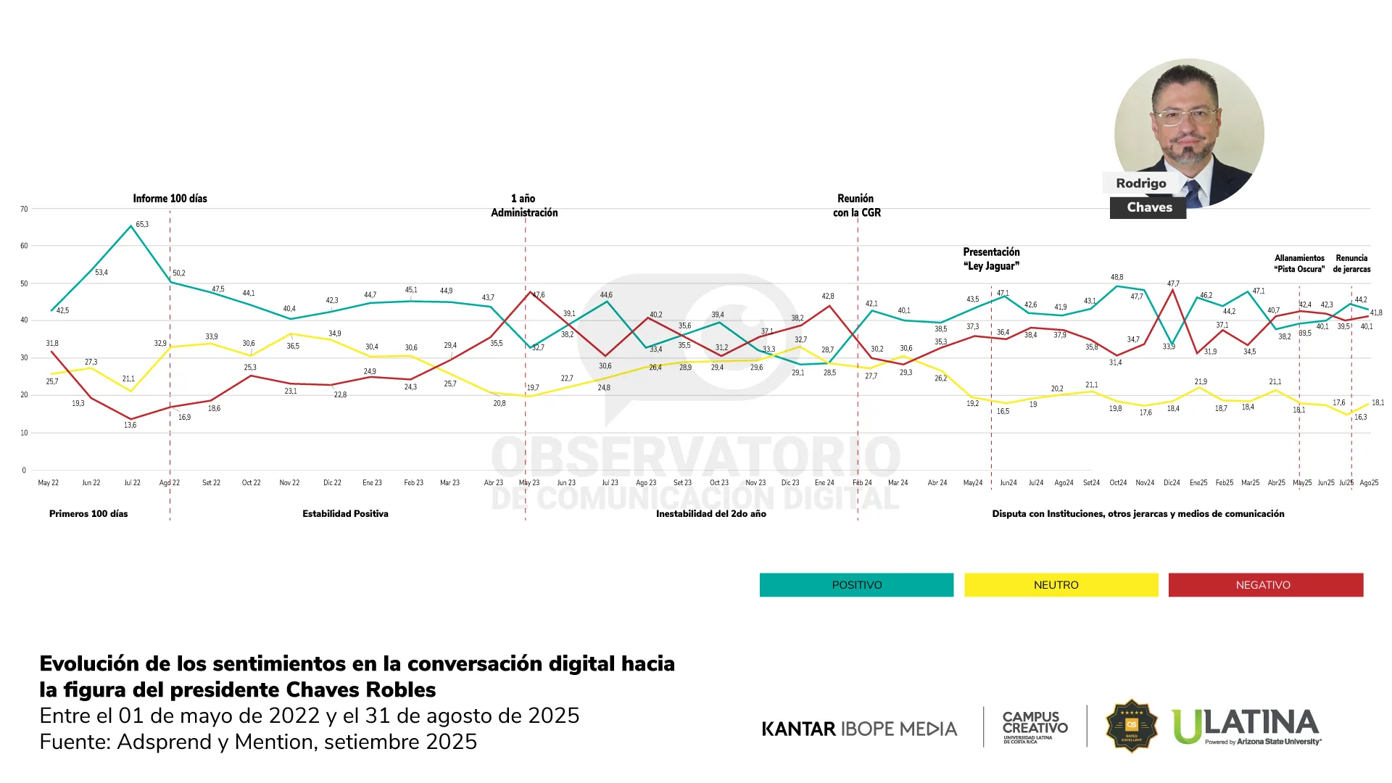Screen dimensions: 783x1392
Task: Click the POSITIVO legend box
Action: (856, 585)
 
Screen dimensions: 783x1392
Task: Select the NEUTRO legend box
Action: (1061, 585)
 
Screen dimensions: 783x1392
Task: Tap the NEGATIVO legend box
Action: (1265, 585)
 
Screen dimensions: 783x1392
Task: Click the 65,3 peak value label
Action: (142, 225)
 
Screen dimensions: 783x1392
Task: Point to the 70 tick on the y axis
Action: (24, 210)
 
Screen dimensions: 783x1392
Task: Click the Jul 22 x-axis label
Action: (132, 483)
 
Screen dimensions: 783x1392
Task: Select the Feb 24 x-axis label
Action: (862, 483)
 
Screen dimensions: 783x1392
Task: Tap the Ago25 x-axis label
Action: (1369, 483)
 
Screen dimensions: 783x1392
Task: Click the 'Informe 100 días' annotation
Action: (170, 199)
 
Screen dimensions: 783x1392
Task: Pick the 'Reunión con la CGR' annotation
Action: (856, 205)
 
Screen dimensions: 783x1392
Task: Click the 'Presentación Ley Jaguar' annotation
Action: (991, 259)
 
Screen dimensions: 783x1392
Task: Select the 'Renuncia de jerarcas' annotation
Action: (1351, 263)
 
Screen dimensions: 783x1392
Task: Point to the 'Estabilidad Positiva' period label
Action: (345, 514)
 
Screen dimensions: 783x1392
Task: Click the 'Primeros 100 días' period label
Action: (88, 514)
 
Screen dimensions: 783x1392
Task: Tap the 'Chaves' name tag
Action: (1148, 207)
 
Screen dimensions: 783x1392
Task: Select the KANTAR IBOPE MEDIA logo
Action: (859, 729)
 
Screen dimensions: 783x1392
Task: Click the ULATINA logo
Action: (1246, 726)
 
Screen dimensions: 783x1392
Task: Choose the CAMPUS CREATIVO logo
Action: (1035, 726)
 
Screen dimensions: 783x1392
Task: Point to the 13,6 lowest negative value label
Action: (130, 426)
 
